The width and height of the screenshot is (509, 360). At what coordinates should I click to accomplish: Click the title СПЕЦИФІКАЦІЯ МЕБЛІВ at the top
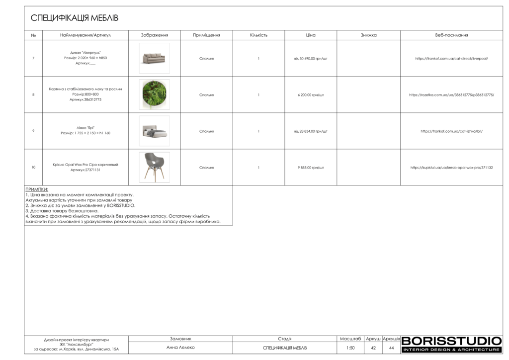coord(75,18)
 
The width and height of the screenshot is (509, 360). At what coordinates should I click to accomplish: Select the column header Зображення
coord(154,35)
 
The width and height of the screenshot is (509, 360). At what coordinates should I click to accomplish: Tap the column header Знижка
coord(368,35)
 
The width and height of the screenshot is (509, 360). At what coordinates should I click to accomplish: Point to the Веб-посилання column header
coord(451,35)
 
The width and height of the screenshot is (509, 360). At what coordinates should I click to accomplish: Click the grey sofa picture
coord(154,58)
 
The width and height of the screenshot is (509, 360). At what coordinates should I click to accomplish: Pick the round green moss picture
coord(154,94)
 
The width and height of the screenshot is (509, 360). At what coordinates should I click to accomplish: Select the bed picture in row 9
coord(154,131)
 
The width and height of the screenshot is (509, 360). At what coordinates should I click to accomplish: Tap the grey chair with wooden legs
coord(154,167)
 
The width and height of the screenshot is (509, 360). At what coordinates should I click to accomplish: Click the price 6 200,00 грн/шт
coord(311,94)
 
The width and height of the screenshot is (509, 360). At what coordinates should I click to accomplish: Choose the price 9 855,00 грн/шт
coord(311,168)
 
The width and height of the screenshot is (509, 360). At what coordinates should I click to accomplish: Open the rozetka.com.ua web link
coord(451,94)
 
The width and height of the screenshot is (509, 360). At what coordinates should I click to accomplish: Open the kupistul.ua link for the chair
coord(451,168)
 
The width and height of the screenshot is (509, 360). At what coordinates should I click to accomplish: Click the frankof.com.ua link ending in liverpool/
coord(451,58)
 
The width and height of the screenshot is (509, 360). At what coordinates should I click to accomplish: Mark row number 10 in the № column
coord(33,168)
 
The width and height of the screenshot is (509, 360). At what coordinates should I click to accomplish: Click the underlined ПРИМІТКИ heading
coord(37,189)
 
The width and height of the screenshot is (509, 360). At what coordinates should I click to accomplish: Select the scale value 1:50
coord(350,348)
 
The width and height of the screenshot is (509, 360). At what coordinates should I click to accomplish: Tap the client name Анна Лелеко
coord(180,348)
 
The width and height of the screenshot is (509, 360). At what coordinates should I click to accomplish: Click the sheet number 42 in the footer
coord(373,348)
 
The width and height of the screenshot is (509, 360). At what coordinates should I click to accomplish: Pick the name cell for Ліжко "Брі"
coord(85,131)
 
